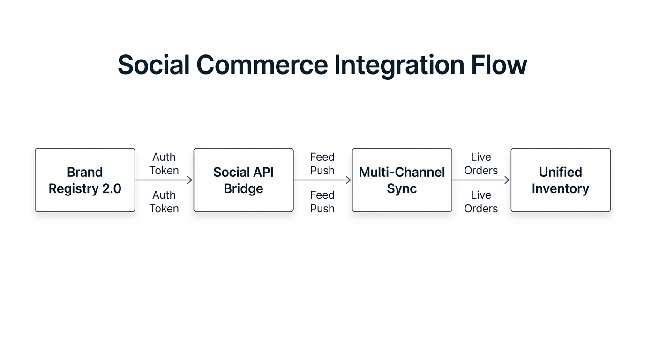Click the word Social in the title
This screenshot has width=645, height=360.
[x=153, y=65]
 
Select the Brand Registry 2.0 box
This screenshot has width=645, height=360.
[x=85, y=180]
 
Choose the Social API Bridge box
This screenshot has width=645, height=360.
[x=243, y=180]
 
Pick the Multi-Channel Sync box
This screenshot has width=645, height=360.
[x=402, y=180]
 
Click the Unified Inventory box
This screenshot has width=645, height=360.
[x=561, y=180]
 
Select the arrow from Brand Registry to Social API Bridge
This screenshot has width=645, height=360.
[x=164, y=180]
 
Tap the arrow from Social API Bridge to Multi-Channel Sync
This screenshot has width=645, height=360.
[x=322, y=180]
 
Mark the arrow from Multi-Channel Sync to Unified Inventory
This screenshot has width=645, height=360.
[x=480, y=180]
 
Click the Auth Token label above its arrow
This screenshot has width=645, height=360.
[x=164, y=164]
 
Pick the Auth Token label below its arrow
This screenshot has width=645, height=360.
[x=164, y=202]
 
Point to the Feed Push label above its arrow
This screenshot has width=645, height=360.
[x=322, y=164]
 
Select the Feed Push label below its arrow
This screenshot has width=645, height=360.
[x=322, y=202]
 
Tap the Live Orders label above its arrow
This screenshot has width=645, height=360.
[x=481, y=164]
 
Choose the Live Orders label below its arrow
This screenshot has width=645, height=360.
[x=481, y=202]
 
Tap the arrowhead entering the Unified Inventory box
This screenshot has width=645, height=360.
[x=507, y=180]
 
